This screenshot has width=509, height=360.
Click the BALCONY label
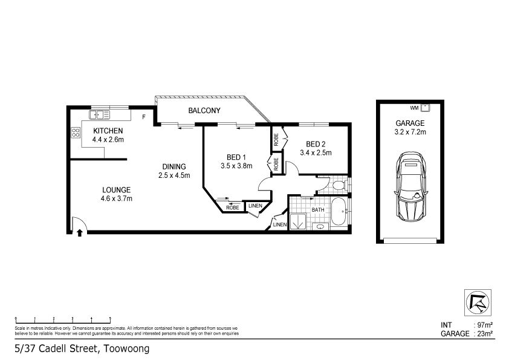[204, 111]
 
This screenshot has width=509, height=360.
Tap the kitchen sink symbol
[100, 115]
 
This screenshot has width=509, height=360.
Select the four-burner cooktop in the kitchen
[76, 133]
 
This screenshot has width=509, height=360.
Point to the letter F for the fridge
[144, 117]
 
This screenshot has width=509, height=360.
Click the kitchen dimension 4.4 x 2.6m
[108, 140]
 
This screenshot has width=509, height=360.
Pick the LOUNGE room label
[116, 190]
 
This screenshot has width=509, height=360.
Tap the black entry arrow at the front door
[80, 232]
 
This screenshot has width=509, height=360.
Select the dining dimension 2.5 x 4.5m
[174, 175]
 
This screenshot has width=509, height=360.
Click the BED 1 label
[236, 157]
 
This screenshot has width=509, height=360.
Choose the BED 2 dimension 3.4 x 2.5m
[316, 152]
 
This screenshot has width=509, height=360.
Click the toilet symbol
[340, 186]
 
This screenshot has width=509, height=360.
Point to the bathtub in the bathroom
[339, 211]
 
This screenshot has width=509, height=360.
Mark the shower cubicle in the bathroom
[298, 221]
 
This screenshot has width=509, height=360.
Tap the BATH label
[318, 210]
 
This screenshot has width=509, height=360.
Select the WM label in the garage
[414, 108]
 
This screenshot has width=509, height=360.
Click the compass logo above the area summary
[478, 303]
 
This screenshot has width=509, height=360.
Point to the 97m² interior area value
[485, 325]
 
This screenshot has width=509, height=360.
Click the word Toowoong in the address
[127, 349]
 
